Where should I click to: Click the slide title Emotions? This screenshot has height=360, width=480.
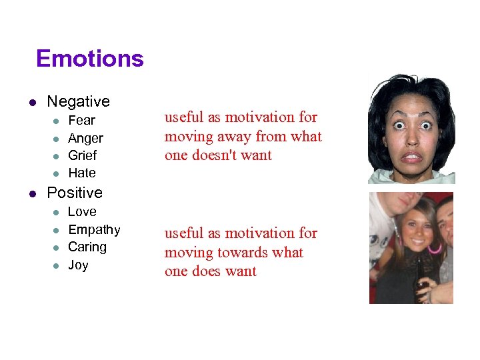pyautogui.click(x=90, y=59)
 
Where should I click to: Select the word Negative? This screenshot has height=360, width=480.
pyautogui.click(x=78, y=101)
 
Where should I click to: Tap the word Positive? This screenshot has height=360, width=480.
pyautogui.click(x=75, y=193)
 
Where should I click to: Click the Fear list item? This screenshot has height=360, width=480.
pyautogui.click(x=82, y=121)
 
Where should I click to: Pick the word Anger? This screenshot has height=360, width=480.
pyautogui.click(x=86, y=138)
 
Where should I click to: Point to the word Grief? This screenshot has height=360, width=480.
pyautogui.click(x=83, y=155)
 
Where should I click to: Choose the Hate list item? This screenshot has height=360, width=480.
pyautogui.click(x=82, y=173)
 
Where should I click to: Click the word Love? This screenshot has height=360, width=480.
pyautogui.click(x=83, y=212)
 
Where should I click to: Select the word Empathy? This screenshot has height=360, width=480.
pyautogui.click(x=94, y=230)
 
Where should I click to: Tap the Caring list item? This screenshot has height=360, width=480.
pyautogui.click(x=87, y=247)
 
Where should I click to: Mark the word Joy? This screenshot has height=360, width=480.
pyautogui.click(x=78, y=265)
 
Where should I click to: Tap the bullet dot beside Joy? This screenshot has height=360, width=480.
pyautogui.click(x=56, y=265)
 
